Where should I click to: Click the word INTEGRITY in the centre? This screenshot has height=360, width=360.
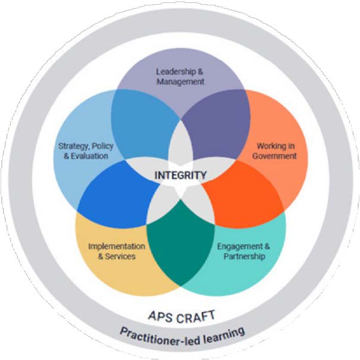click(180, 176)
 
